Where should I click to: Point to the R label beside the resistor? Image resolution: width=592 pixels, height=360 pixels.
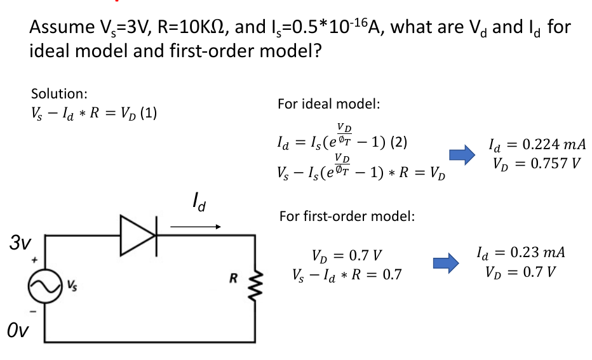(233, 277)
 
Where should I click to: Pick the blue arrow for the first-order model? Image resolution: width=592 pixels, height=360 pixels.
(445, 262)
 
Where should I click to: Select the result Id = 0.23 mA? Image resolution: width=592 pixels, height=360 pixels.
(520, 253)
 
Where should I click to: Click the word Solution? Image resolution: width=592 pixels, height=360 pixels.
(59, 94)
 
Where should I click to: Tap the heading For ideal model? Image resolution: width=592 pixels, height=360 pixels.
(328, 103)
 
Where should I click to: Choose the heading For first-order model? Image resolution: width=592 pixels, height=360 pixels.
(347, 217)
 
